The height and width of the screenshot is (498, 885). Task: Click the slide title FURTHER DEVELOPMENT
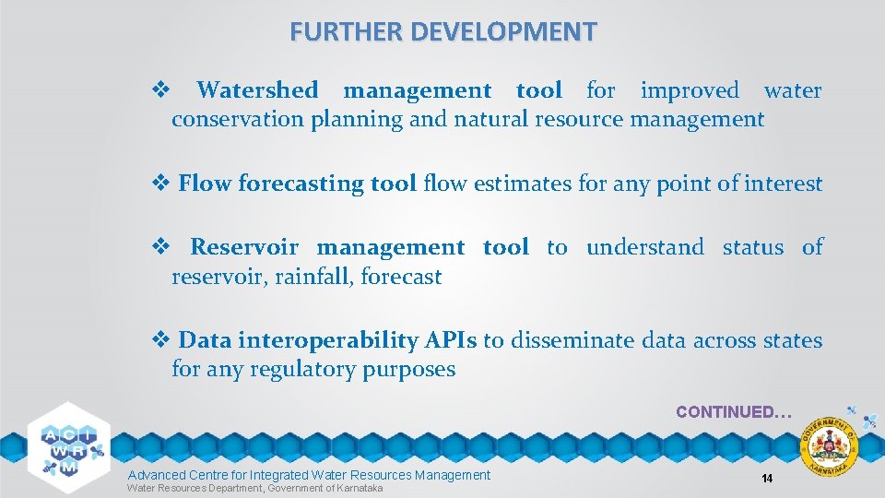coord(442,31)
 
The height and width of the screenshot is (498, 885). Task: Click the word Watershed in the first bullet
coord(257,90)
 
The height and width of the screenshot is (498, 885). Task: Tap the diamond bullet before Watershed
coord(158,90)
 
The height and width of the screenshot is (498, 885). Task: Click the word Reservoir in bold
coord(244,247)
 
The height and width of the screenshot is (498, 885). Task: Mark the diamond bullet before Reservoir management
coord(158,247)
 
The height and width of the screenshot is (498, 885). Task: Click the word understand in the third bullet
coord(644,247)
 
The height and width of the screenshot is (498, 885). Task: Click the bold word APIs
coord(451,340)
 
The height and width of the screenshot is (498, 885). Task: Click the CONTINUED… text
coord(733,412)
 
